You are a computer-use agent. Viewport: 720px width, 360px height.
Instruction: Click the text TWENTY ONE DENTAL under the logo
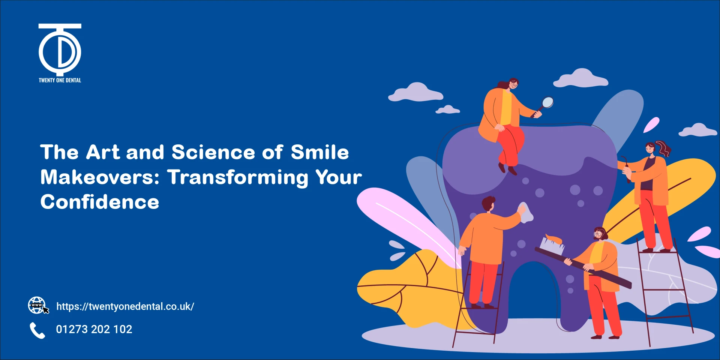pyautogui.click(x=60, y=80)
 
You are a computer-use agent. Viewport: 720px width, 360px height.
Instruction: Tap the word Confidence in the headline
pyautogui.click(x=100, y=202)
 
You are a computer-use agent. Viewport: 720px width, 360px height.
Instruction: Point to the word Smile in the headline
pyautogui.click(x=319, y=153)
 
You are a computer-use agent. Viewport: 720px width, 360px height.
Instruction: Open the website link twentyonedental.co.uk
pyautogui.click(x=125, y=306)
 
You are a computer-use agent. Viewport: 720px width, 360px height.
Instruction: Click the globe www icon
pyautogui.click(x=37, y=305)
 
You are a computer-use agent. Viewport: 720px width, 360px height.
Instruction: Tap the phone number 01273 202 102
pyautogui.click(x=94, y=329)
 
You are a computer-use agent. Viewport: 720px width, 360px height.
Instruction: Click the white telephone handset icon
pyautogui.click(x=37, y=330)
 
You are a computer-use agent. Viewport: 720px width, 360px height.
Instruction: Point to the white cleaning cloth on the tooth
pyautogui.click(x=526, y=213)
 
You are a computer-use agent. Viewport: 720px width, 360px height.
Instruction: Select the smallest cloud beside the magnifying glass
pyautogui.click(x=447, y=109)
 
